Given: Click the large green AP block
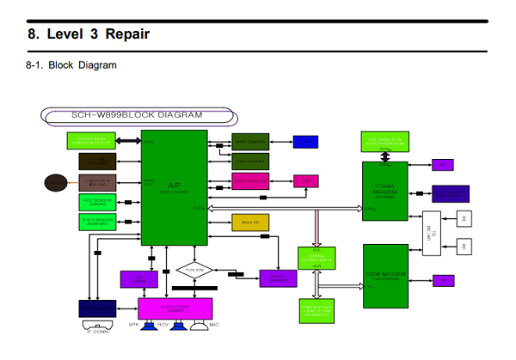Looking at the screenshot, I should click(175, 187).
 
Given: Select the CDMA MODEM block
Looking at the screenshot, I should click(384, 190).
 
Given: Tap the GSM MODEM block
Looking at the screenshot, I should click(384, 278).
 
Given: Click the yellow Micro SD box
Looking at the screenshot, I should click(251, 223).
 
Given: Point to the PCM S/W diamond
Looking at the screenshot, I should click(196, 270).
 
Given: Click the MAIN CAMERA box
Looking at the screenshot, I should click(250, 141).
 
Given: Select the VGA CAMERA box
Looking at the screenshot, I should click(250, 161).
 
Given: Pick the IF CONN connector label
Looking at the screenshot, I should click(95, 331).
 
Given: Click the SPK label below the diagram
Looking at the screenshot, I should click(134, 326).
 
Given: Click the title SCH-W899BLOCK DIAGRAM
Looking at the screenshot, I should click(136, 114).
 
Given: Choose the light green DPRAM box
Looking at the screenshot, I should click(316, 257).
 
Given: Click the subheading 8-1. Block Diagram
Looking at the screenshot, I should click(71, 64).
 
